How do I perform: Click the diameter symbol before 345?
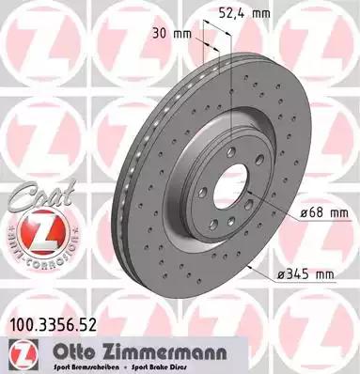pyautogui.click(x=280, y=273)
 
